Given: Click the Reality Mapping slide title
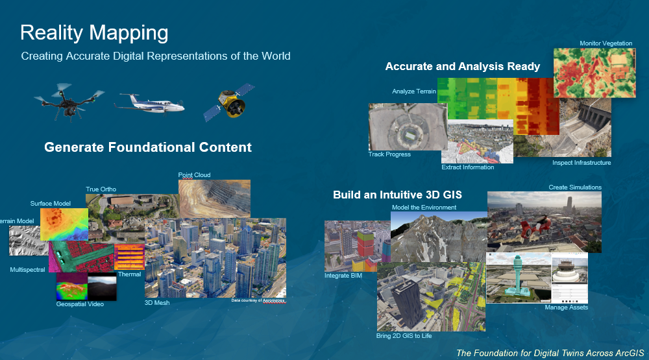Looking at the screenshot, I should click(x=94, y=33).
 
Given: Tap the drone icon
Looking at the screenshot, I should click(x=69, y=100).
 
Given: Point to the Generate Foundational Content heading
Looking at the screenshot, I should click(x=148, y=147).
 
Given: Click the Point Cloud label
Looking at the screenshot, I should click(x=194, y=175).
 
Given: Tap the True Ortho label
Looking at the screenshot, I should click(x=101, y=189).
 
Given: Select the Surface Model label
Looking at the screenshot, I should click(x=51, y=204).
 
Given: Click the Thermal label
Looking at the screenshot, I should click(x=129, y=274).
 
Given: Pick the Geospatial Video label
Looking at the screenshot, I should click(x=80, y=304).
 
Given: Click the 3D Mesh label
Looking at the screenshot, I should click(x=156, y=303).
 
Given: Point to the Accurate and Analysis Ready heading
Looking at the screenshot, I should click(x=463, y=66).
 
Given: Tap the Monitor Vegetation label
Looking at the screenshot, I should click(x=606, y=43).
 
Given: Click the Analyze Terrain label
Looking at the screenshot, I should click(x=414, y=91).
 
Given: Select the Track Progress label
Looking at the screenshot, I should click(x=389, y=154).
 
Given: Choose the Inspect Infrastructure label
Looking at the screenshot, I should click(x=582, y=163).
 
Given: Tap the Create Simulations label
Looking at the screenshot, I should click(x=575, y=187).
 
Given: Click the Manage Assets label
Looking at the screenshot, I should click(x=566, y=307).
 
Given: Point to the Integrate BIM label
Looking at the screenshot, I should click(x=343, y=276).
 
